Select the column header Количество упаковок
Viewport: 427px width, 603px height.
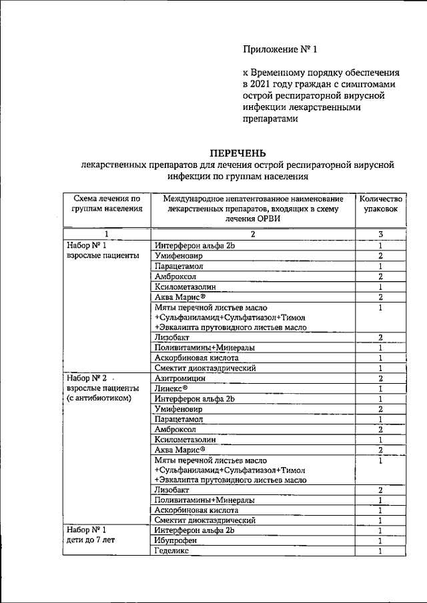380,204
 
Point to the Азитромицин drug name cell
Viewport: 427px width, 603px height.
180,378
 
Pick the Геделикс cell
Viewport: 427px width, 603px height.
172,552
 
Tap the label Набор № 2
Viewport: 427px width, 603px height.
87,378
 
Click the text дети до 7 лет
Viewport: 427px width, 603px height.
91,541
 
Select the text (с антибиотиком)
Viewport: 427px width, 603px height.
99,398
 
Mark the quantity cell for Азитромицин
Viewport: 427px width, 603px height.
380,378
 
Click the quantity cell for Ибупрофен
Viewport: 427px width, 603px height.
380,541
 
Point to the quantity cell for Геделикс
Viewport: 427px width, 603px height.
380,552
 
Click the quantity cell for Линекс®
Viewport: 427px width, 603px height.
380,388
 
